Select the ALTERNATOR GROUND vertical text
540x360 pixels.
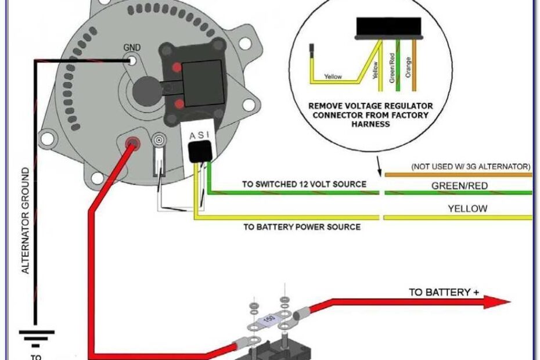point(26,220)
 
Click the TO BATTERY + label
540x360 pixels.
point(444,292)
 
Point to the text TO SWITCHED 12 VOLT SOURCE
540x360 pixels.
point(304,185)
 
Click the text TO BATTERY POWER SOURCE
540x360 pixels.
point(301,226)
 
